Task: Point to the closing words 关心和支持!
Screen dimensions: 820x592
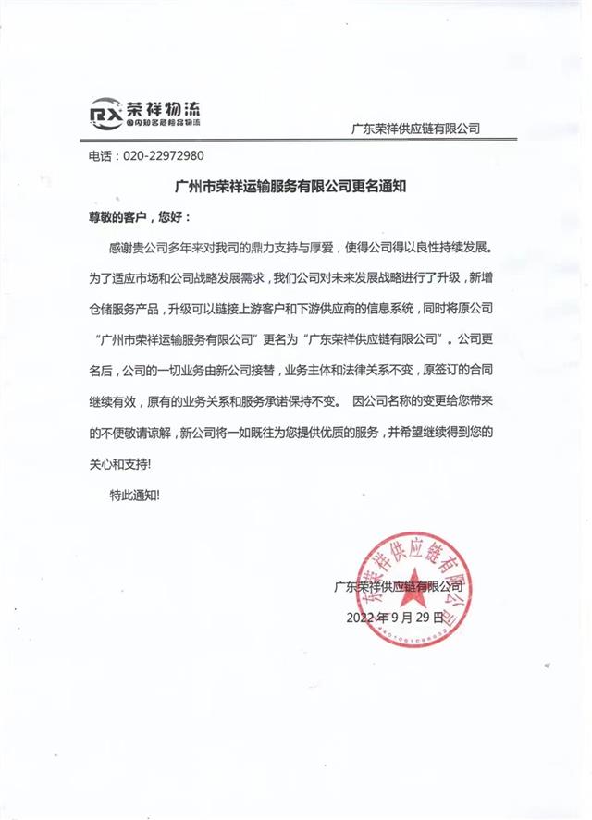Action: pos(118,459)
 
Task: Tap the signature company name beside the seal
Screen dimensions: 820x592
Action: pos(398,585)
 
